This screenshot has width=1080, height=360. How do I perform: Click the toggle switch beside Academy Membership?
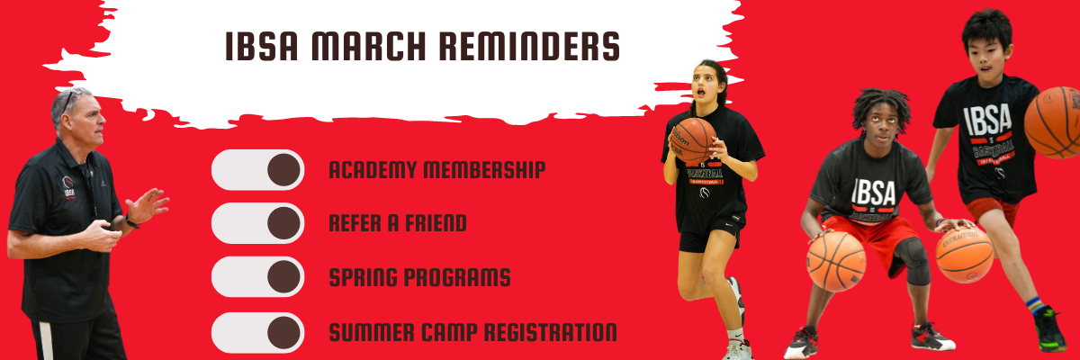(258, 169)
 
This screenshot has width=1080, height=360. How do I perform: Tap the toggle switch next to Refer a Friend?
(258, 223)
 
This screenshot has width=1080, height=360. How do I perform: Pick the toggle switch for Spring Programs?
(258, 277)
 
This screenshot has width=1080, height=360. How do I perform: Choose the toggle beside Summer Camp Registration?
(258, 332)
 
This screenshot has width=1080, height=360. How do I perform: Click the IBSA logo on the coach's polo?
(69, 187)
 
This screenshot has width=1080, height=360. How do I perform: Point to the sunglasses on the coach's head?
(69, 99)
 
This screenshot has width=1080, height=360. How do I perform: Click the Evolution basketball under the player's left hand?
(965, 254)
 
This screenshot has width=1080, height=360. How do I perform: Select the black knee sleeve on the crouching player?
(913, 261)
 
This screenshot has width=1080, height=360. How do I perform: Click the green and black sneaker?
(1049, 328)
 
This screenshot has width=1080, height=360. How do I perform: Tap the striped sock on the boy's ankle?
(1035, 305)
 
